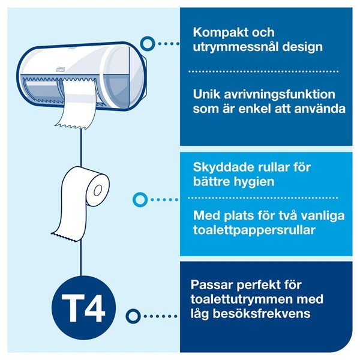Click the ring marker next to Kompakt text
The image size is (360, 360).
(146, 43)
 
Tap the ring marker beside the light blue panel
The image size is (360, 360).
(140, 199)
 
